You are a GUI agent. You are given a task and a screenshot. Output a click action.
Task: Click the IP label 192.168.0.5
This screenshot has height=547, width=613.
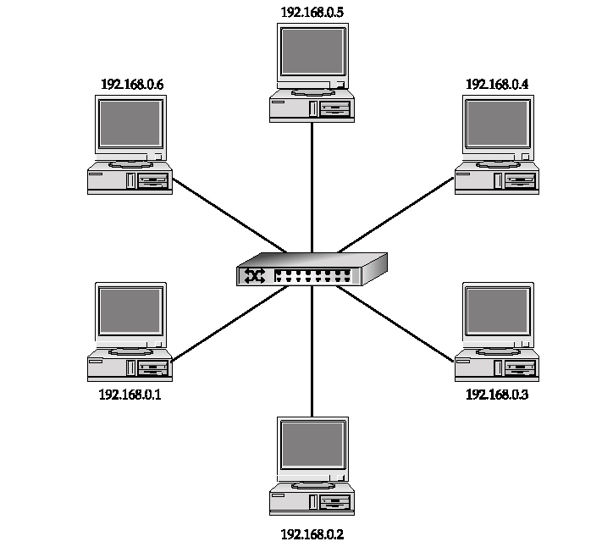(312, 13)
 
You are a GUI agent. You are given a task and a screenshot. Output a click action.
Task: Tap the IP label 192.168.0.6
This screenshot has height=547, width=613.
(131, 85)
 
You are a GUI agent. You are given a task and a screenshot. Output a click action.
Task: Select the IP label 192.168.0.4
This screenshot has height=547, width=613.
(497, 85)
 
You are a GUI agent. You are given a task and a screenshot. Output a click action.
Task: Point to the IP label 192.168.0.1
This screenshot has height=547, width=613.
(130, 394)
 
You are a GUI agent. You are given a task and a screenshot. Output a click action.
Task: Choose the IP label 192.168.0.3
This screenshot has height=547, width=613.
(497, 394)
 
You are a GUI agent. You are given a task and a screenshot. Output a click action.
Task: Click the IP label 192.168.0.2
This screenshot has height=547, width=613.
(312, 534)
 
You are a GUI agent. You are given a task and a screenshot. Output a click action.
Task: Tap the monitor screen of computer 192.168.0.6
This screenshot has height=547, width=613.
(130, 124)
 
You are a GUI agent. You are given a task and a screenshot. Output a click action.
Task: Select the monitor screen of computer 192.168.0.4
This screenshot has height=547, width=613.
(498, 124)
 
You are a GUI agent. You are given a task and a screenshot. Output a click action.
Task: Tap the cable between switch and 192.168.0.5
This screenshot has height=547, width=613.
(312, 186)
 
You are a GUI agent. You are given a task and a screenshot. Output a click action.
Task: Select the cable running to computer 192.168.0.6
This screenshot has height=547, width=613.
(229, 215)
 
